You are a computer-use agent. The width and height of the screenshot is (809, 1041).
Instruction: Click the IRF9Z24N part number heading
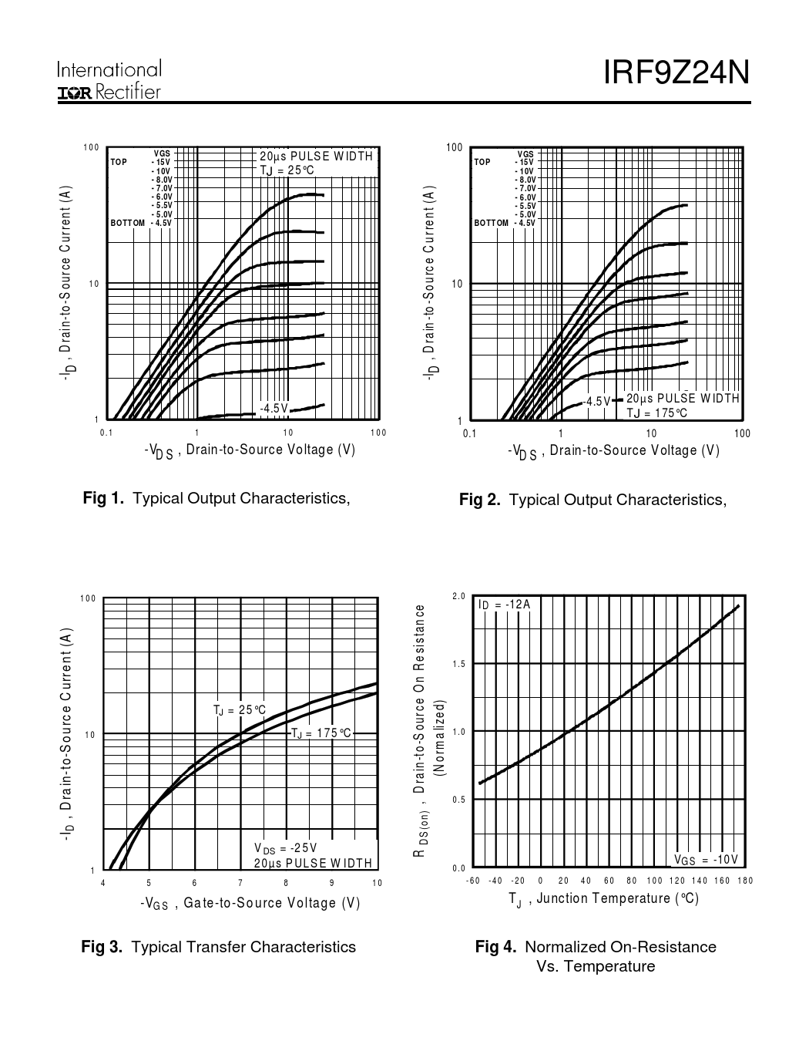coord(676,74)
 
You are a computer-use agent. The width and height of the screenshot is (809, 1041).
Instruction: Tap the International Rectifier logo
coord(109,81)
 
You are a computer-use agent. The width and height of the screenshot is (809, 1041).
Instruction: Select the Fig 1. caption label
coord(103,498)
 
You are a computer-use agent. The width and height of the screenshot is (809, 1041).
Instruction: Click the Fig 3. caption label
coord(102,947)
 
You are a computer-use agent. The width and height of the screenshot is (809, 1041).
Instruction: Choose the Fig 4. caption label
coord(495,947)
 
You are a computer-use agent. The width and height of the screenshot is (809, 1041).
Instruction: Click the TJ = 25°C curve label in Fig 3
coord(240,710)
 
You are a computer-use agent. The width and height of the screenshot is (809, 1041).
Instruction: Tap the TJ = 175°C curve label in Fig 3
coord(321,733)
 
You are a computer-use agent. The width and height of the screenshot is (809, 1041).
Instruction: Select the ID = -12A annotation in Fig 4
coord(505,605)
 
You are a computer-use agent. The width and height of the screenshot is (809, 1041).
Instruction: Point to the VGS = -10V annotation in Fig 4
coord(706,860)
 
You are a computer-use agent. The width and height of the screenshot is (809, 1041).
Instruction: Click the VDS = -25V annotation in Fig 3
coord(285,848)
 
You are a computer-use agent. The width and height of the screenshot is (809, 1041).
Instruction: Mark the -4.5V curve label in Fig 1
coord(274,409)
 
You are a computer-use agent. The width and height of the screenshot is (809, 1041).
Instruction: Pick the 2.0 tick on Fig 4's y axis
coord(459,596)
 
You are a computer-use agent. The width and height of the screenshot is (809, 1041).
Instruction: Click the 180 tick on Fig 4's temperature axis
coord(745,881)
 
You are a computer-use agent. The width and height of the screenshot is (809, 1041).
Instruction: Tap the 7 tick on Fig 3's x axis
coord(240,884)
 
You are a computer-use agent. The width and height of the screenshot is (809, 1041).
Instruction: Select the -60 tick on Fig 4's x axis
coord(473,881)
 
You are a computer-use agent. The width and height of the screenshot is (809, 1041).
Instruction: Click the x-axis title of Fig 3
coord(250,903)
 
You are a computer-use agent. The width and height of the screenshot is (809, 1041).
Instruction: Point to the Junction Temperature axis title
coord(603,898)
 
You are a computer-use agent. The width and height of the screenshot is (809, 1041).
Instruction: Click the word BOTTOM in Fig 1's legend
coord(127,223)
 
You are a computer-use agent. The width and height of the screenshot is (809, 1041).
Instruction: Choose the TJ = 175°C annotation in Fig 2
coord(656,413)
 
